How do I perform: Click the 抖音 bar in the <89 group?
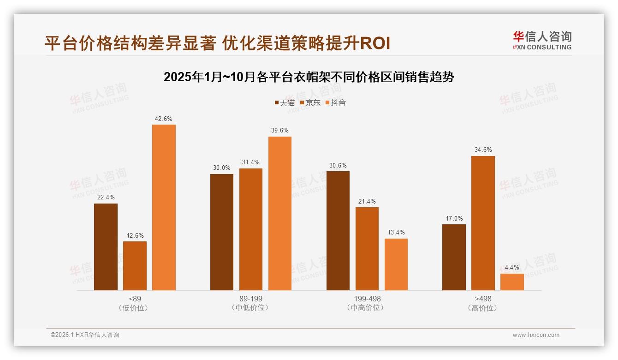tap(164, 207)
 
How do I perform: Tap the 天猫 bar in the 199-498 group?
tap(338, 231)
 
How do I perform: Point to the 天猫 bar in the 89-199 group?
tap(222, 232)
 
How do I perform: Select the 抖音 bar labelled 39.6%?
tap(280, 213)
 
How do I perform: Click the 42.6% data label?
tap(164, 119)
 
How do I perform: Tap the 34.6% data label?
tap(483, 150)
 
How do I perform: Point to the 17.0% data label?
tap(454, 219)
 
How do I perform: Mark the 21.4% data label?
tap(367, 202)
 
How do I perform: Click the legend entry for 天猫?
tap(285, 103)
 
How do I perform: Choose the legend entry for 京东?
tap(310, 103)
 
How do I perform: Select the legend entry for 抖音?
tap(336, 103)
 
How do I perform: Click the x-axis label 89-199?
tap(251, 299)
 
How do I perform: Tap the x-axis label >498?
tap(483, 299)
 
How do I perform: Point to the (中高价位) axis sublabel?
tap(367, 307)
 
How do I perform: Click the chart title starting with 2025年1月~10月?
tap(309, 77)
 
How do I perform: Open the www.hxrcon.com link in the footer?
tap(536, 335)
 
